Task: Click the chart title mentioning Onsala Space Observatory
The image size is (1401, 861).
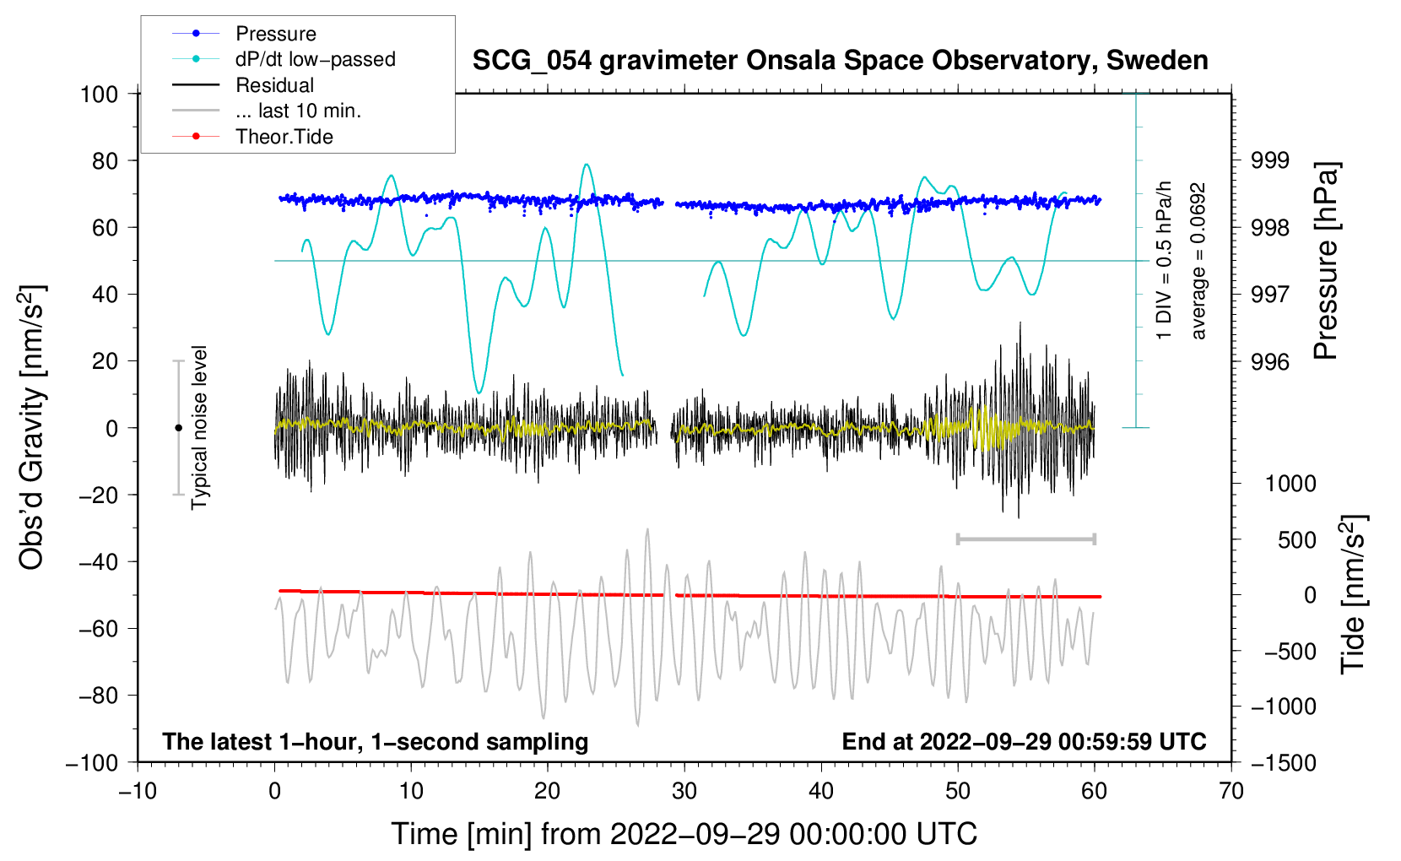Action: tap(840, 61)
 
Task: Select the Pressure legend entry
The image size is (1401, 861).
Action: tap(275, 34)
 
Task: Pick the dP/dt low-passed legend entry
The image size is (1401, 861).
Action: tap(315, 59)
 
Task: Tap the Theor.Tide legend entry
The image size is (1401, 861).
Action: tap(284, 137)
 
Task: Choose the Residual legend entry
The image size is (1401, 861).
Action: tap(274, 85)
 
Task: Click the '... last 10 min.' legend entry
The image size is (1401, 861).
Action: tap(298, 111)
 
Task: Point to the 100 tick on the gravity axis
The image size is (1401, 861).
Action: tap(99, 94)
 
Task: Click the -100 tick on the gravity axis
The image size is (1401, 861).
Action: tap(92, 762)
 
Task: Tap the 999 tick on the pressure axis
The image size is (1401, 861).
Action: tap(1269, 160)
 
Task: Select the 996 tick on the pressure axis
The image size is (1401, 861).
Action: tap(1269, 362)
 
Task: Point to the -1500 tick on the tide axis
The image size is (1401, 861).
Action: tap(1284, 762)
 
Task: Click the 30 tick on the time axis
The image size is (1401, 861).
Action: tap(684, 791)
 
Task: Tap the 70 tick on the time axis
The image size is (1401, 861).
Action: tap(1231, 791)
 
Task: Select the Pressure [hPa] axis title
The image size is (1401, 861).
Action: tap(1327, 262)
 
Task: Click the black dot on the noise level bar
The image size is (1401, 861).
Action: tap(178, 428)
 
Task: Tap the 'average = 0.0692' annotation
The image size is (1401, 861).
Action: tap(1198, 262)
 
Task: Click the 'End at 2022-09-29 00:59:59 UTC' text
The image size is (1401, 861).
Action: tap(1024, 741)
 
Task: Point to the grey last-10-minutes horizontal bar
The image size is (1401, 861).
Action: tap(1025, 539)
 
